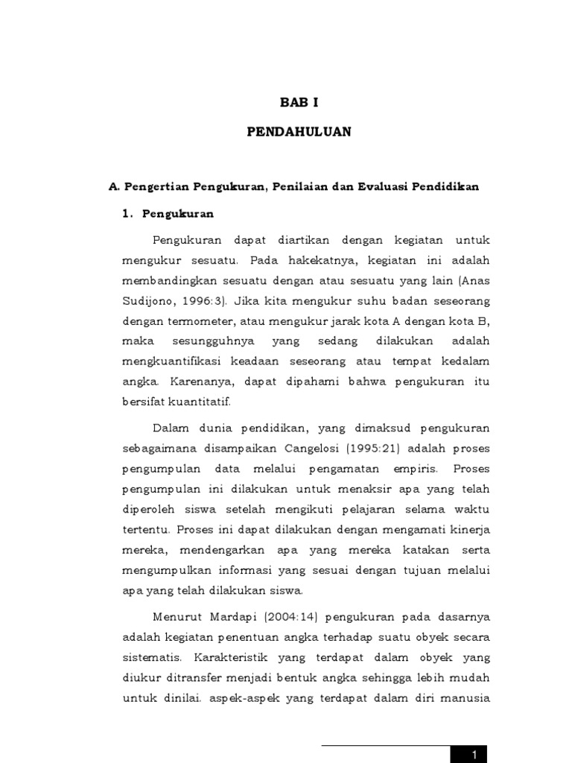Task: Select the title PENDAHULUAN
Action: tap(299, 132)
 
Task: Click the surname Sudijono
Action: tap(146, 302)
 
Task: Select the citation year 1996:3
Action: tap(203, 302)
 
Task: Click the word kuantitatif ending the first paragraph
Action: tap(203, 402)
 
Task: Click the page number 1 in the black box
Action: tap(474, 755)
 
